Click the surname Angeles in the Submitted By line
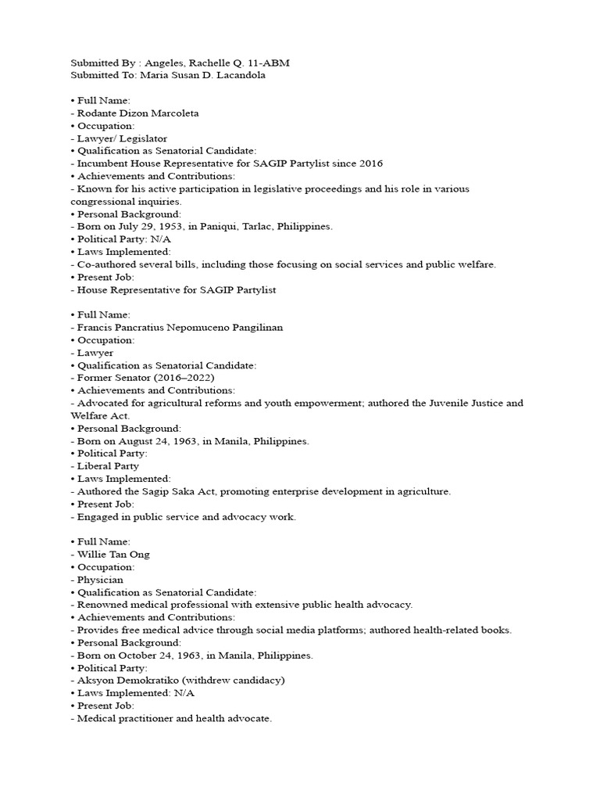158,63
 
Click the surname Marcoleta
171,113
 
